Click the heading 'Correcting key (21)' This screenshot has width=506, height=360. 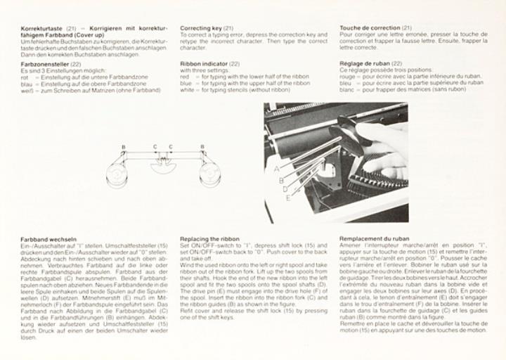click(x=207, y=28)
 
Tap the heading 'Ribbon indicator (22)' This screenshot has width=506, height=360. click(x=209, y=63)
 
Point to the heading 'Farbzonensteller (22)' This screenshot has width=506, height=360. click(x=51, y=63)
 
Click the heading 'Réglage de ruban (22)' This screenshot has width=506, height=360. click(x=370, y=63)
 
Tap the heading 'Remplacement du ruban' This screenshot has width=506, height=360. click(x=374, y=238)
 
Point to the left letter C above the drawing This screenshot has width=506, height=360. click(x=155, y=147)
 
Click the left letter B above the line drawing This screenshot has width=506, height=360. click(x=124, y=147)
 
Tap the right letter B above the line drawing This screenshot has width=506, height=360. click(x=202, y=147)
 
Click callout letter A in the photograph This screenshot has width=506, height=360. click(x=276, y=169)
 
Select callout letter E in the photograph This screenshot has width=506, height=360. click(x=287, y=198)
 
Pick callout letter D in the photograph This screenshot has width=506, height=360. click(x=284, y=188)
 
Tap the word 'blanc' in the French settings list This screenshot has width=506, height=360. click(x=347, y=89)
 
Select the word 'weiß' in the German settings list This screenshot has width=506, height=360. click(x=27, y=89)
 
